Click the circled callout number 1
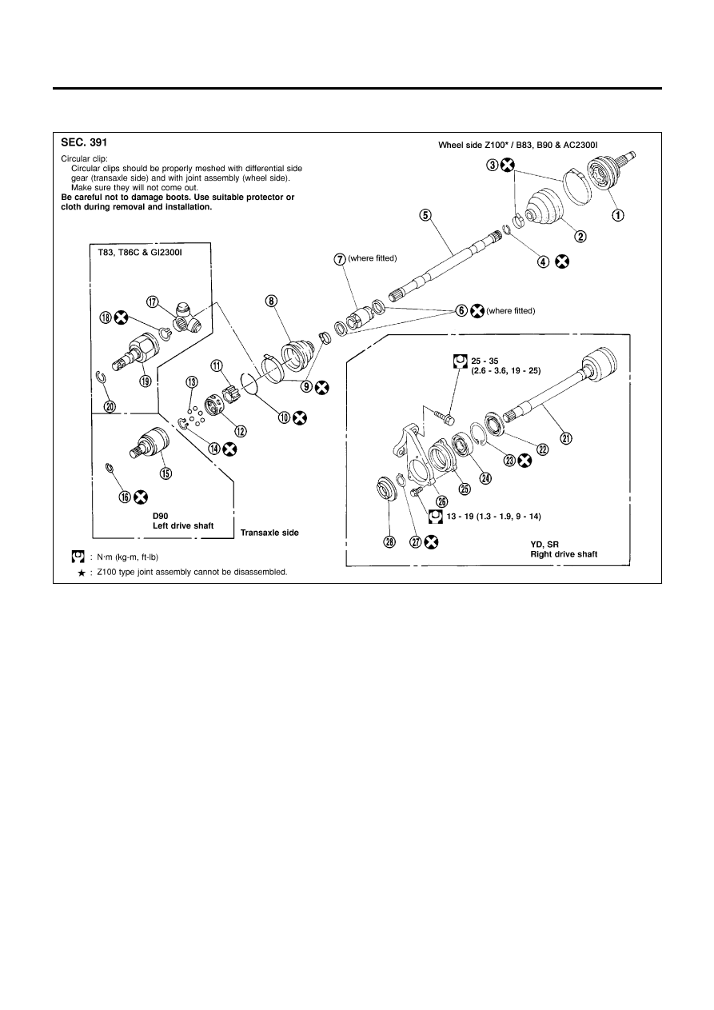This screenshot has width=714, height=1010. pos(618,215)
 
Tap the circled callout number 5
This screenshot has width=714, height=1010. pos(425,214)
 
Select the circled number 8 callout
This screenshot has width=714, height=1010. pos(272,301)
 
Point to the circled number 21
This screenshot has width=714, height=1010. pos(566,437)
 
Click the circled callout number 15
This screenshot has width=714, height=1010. pos(166,473)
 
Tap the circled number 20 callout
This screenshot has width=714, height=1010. pos(110,406)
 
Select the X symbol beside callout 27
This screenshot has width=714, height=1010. pos(432,542)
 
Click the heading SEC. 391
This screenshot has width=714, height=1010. pos(86,143)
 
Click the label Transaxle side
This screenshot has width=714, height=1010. pos(270,532)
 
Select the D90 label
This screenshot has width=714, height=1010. pos(163,516)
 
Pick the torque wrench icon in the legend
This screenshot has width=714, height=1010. pos(78,555)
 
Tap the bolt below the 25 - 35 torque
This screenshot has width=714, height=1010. pos(444,417)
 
